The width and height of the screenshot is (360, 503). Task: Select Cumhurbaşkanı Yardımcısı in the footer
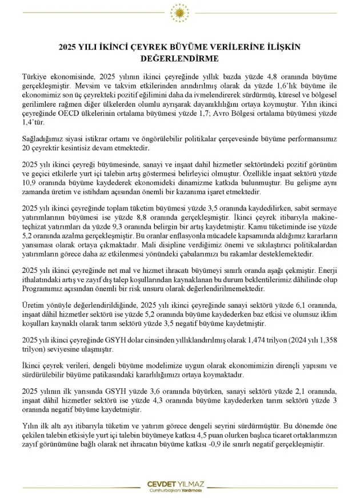tap(179, 491)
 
